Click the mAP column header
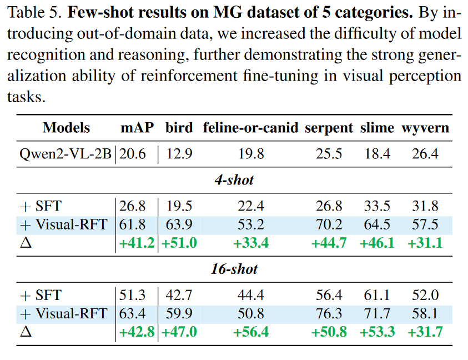[x=137, y=128]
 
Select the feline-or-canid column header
[x=251, y=128]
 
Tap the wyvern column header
[x=425, y=128]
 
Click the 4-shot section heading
[x=234, y=180]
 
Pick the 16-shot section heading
[x=234, y=269]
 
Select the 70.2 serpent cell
[x=329, y=224]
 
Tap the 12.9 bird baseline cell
[x=179, y=153]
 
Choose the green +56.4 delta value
[x=251, y=332]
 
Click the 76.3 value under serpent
[x=329, y=314]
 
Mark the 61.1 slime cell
[x=378, y=295]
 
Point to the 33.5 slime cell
[x=378, y=206]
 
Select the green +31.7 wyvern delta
[x=425, y=332]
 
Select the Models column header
[x=66, y=128]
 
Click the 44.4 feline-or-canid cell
[x=251, y=295]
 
